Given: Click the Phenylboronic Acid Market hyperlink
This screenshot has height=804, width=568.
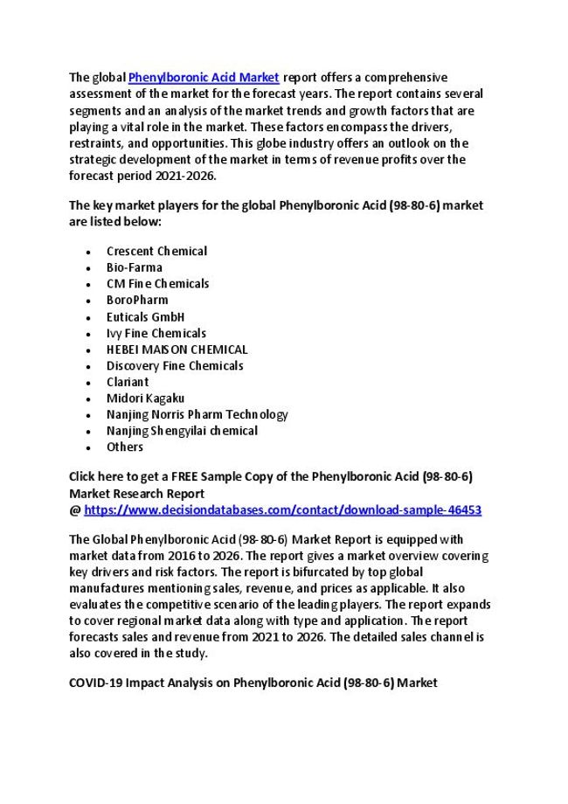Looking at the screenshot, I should coord(204,78).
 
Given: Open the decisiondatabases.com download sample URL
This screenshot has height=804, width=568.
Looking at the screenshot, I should coord(282,509).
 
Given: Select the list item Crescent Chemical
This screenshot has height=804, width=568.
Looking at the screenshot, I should coord(156,251).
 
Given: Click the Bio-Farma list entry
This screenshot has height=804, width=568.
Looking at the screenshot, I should coord(135,267).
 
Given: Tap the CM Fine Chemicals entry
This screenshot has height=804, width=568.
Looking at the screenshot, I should coord(157,283).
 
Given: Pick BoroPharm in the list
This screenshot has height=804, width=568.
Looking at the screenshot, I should coord(137,300).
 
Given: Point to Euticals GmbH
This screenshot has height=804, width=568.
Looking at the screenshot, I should coord(145,316).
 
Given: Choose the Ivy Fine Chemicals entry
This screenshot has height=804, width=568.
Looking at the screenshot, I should coord(156,333).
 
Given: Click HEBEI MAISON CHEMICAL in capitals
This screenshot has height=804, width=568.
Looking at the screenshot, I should coord(177,349).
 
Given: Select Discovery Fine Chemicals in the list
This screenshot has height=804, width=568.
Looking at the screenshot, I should coord(175,365).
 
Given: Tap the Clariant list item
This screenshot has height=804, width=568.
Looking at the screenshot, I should coord(128,382).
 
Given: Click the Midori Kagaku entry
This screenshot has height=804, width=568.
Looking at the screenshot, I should coord(145,398).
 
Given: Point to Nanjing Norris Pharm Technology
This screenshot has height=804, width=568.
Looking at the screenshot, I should coord(197,414).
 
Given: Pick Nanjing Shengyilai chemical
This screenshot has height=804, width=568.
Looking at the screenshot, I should coord(182,431).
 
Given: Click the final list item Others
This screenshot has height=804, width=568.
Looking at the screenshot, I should coord(125,447).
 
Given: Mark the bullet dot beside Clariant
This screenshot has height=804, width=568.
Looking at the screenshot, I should coord(89,383).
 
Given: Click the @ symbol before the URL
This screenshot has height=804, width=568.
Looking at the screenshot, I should coord(74,509).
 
